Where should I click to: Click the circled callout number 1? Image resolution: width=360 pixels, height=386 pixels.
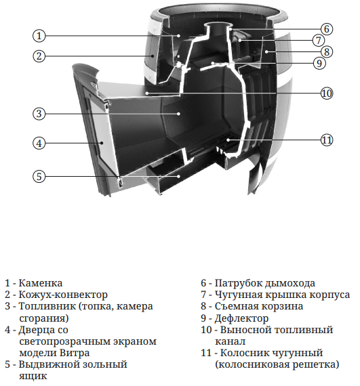pos(39,36)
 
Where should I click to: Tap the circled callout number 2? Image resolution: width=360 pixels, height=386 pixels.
pos(39,56)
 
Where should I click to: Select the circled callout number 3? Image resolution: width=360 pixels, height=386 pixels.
pos(39,114)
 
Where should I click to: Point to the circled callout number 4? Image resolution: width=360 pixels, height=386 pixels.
pos(39,143)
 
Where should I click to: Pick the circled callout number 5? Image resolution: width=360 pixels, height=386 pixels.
pos(39,176)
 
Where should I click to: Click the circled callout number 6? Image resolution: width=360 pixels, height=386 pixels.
pos(327,29)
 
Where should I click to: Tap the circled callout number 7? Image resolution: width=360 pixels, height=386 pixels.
pos(318,40)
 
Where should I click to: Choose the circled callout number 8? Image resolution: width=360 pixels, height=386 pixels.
pos(327,51)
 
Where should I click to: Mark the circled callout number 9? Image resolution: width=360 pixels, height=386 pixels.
pos(319,63)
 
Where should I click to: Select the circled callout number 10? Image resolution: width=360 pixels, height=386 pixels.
pos(327,93)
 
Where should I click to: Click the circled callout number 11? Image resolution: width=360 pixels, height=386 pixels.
pos(327,140)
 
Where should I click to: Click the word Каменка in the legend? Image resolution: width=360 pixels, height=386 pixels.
pos(41,283)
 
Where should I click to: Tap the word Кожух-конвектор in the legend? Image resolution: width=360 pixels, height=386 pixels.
pos(63,295)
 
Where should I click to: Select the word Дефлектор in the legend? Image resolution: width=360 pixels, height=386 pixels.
pos(241,318)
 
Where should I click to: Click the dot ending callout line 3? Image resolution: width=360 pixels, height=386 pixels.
pos(179,114)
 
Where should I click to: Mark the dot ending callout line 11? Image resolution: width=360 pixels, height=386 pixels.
pos(228,140)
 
